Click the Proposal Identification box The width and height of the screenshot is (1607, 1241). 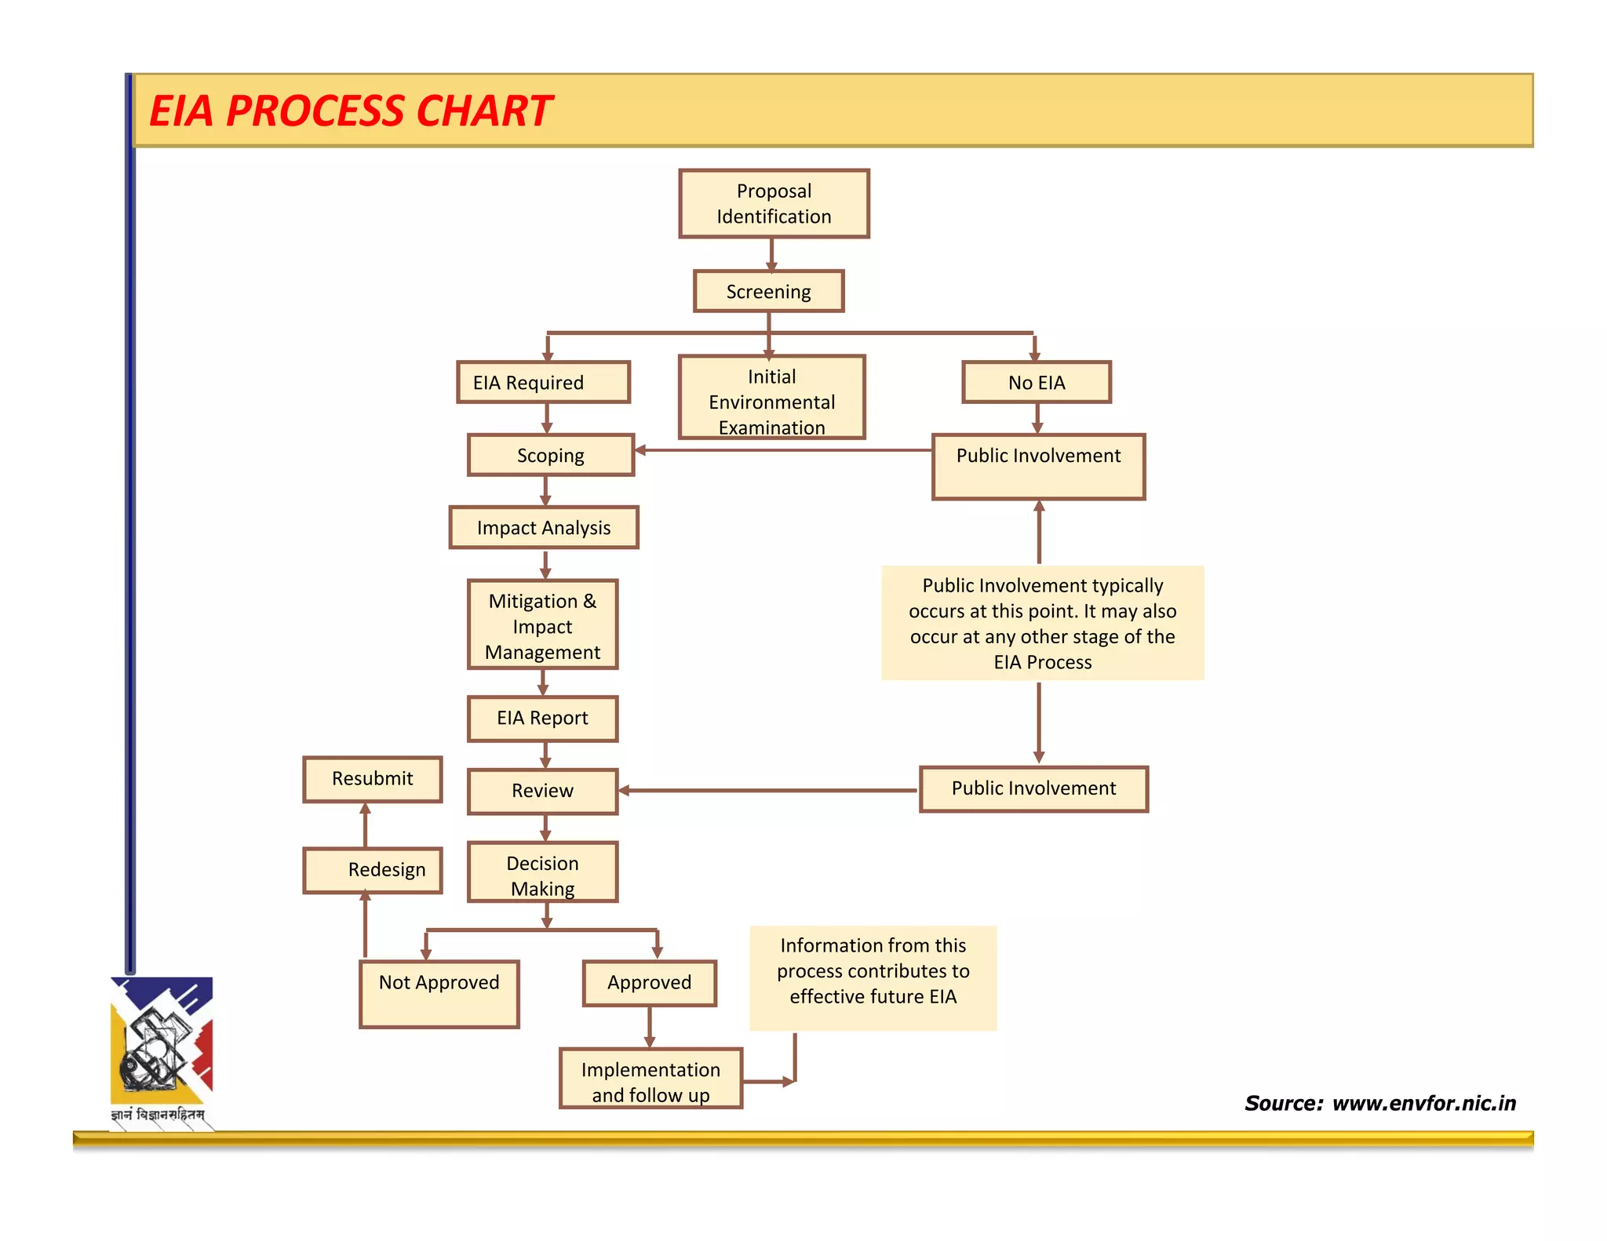(774, 203)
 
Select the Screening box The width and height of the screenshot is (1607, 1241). (768, 291)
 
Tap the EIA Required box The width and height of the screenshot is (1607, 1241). (543, 382)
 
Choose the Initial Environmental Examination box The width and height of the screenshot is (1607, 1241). (771, 397)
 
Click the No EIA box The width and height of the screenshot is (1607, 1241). (1036, 382)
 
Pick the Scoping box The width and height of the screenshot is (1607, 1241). (550, 455)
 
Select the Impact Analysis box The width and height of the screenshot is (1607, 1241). (544, 527)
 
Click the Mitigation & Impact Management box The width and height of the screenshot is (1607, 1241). (542, 625)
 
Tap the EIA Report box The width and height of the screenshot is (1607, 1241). (542, 718)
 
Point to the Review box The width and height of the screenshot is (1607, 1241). (542, 791)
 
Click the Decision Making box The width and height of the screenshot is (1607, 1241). (542, 872)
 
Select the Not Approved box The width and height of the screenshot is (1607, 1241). (439, 993)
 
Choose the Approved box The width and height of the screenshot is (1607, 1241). (649, 982)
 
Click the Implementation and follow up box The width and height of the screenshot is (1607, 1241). (650, 1079)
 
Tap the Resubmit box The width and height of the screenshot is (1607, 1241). (372, 778)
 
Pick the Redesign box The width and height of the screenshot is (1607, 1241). (372, 870)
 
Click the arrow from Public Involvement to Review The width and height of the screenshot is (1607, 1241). (769, 790)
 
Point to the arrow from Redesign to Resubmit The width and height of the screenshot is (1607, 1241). (365, 824)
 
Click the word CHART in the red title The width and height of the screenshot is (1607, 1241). (484, 111)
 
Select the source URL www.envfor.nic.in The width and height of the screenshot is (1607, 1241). (1423, 1103)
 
